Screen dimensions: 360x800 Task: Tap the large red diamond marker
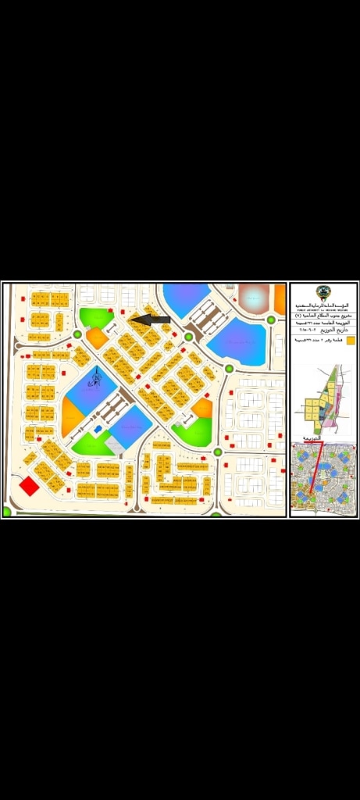coord(29,486)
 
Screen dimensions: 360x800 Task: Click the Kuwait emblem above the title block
coord(323,294)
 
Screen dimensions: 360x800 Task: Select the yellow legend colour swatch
coord(351,341)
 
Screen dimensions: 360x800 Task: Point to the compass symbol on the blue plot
coord(97,380)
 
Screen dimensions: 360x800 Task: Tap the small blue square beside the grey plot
coord(98,429)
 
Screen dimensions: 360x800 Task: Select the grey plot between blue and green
coord(115,445)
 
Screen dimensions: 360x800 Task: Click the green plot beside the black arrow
coord(96,316)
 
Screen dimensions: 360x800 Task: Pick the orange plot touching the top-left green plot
coord(97,337)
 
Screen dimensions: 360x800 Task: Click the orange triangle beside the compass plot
coord(71,417)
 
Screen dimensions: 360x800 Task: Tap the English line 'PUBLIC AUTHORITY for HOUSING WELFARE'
coord(323,310)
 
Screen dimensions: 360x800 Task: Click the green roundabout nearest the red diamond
coord(7,512)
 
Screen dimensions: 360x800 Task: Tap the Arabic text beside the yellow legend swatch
coord(320,341)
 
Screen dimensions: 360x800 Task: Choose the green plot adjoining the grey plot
coord(91,445)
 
